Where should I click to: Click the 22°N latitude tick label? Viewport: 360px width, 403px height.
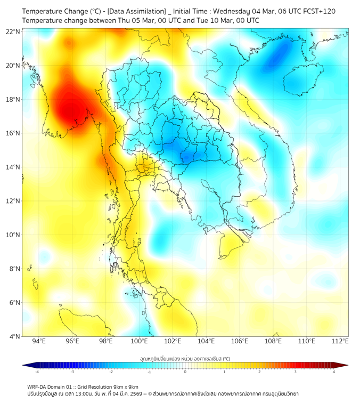tap(13, 31)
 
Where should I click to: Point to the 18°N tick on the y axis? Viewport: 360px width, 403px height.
tap(13, 99)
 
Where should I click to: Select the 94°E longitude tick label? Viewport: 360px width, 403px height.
tap(39, 341)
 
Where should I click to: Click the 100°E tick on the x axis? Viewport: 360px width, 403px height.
tap(139, 341)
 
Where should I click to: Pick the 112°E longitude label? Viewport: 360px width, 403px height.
tap(340, 341)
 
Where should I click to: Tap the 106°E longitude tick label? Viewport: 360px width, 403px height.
tap(240, 341)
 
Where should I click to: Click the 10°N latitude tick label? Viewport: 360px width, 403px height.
tap(13, 235)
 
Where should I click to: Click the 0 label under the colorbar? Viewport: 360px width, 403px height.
tap(185, 372)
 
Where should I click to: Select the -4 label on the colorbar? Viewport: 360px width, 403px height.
tap(36, 372)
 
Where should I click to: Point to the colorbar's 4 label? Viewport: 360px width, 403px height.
tap(333, 372)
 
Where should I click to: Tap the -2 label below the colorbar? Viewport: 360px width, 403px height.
tap(110, 372)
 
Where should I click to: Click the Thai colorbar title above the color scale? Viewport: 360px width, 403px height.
tap(185, 358)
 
